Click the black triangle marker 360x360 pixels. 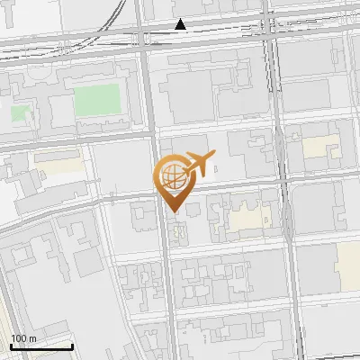(x=181, y=24)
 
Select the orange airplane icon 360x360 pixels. (x=200, y=165)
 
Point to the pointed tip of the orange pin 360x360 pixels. (x=172, y=211)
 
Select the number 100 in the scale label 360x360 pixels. (x=18, y=338)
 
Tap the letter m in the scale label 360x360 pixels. (x=31, y=338)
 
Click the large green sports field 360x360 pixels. (x=98, y=100)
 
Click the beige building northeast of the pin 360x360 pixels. (x=320, y=147)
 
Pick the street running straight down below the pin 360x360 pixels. (x=168, y=288)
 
